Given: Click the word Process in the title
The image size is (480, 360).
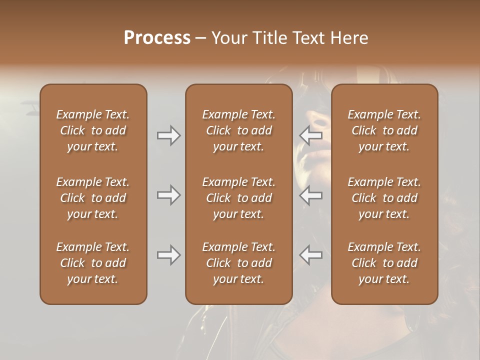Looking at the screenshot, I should (157, 38).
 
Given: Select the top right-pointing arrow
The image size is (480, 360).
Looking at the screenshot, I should (168, 135).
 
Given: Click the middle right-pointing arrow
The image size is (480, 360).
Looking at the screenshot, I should (168, 195).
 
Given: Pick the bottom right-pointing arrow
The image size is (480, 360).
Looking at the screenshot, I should (168, 255).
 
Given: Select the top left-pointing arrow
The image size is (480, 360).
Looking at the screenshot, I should (310, 135).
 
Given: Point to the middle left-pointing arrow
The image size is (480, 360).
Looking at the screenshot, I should (310, 195).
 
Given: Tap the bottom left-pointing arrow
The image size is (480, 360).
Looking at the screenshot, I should (310, 255).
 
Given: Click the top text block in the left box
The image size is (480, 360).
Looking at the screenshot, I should (93, 130).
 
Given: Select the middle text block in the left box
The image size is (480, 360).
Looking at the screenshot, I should (93, 198).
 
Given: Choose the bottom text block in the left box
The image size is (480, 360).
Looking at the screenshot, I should (93, 263).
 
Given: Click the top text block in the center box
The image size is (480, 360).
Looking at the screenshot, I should (238, 130).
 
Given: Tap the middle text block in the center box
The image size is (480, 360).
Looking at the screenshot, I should (238, 198).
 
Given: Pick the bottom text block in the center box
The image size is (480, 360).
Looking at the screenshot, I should (238, 263).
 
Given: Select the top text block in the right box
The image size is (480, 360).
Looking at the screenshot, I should (384, 130).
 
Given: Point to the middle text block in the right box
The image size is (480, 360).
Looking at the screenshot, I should (384, 198).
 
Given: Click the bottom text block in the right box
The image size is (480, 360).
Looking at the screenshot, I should (384, 263).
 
